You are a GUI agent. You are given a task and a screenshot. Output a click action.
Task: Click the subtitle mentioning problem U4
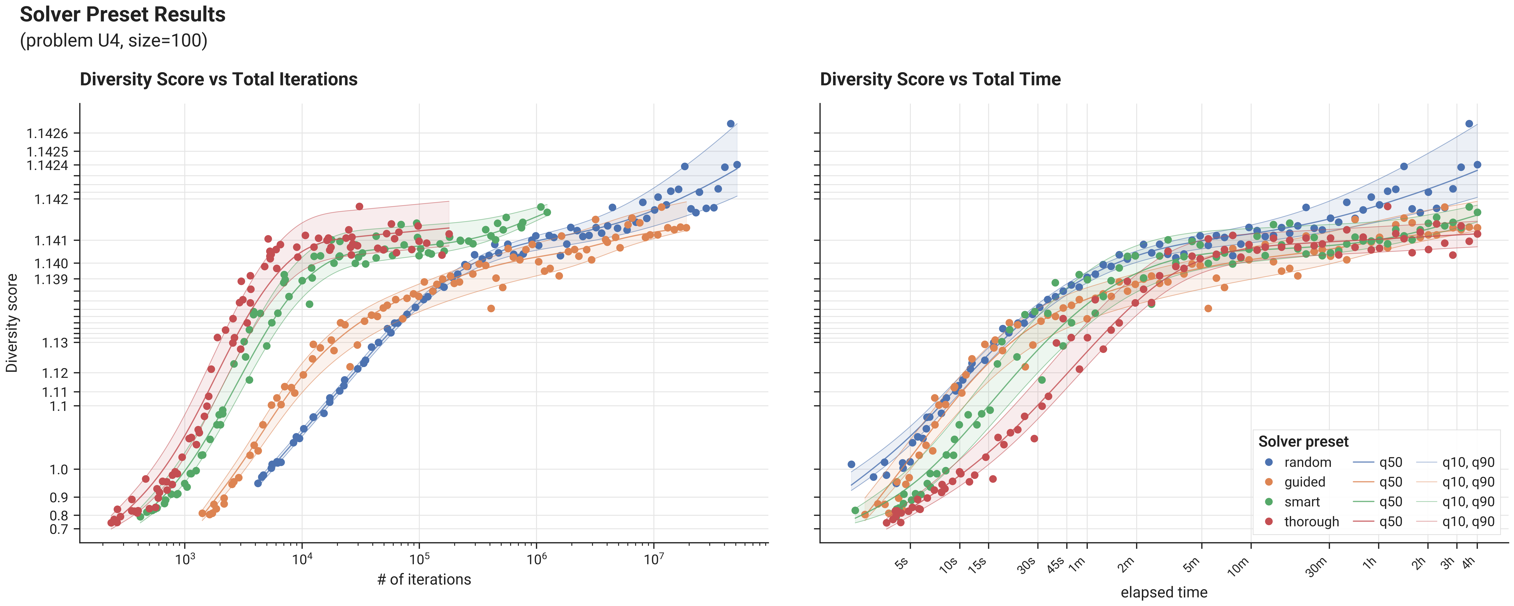point(113,41)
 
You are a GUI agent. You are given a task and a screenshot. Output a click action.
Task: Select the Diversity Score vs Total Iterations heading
point(219,79)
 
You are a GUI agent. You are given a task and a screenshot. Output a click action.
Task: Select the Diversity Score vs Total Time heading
point(940,79)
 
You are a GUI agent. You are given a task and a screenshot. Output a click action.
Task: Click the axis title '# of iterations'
point(424,580)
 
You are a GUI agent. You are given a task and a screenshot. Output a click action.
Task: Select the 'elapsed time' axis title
point(1164,592)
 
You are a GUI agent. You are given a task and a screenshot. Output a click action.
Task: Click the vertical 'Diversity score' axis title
point(12,323)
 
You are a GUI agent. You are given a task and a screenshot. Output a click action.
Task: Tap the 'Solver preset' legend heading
point(1304,442)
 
